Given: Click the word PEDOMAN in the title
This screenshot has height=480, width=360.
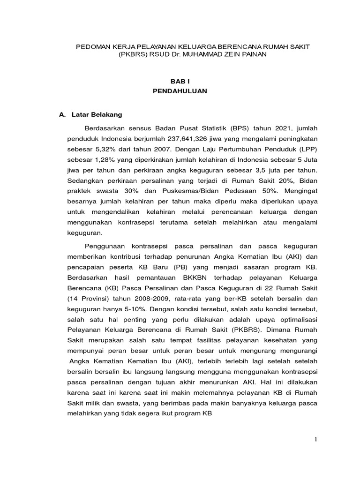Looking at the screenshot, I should (93, 47).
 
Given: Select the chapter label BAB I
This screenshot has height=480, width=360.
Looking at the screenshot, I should (180, 81).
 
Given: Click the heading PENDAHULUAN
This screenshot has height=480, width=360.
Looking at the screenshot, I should (180, 91).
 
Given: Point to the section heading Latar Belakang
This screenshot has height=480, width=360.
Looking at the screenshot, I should (96, 114).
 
